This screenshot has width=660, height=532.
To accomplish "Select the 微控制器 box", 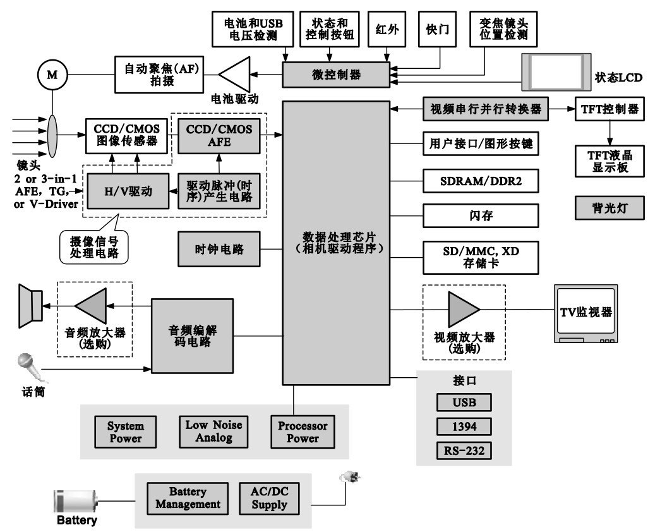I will [x=336, y=75].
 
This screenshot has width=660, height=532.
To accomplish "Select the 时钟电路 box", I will [x=219, y=249].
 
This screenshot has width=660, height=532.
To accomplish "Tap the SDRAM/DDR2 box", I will [x=481, y=182].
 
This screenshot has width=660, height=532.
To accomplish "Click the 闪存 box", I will [x=481, y=215].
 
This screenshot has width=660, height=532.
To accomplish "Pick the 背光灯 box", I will [x=609, y=207].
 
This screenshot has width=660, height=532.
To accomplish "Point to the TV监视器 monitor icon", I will [x=585, y=313].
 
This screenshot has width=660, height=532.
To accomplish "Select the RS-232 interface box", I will [x=464, y=451].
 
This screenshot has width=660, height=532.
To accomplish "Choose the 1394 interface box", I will [x=464, y=427].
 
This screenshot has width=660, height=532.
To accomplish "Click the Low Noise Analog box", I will [x=213, y=431].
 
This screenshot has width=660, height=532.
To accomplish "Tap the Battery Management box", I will [x=188, y=498].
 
